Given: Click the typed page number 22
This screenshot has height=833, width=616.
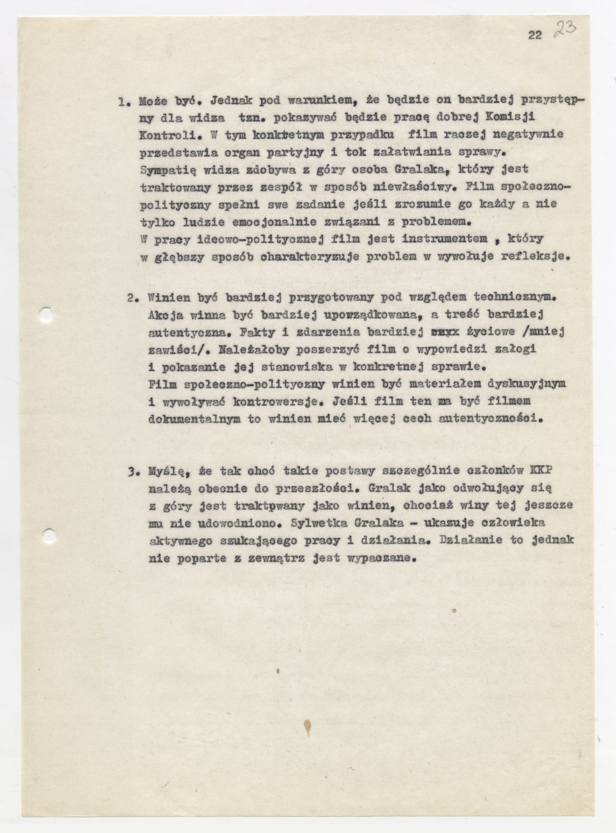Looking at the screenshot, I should click(x=535, y=36).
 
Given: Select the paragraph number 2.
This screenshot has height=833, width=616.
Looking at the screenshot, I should click(x=132, y=298).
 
